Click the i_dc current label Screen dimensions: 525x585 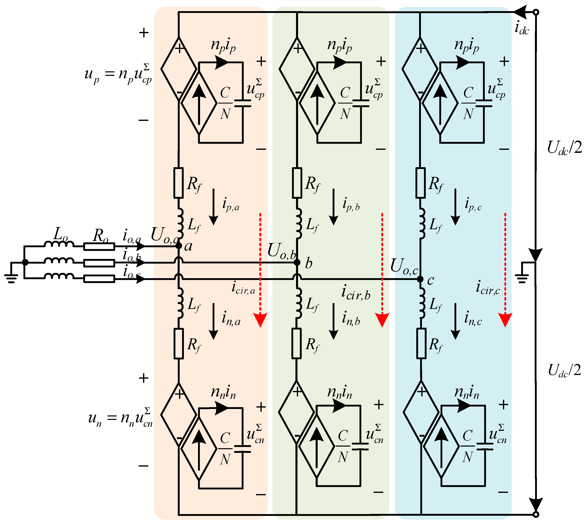tap(522, 29)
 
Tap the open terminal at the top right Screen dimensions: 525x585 tap(536, 12)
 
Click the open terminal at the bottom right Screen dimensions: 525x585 tap(536, 514)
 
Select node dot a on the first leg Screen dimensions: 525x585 tap(179, 245)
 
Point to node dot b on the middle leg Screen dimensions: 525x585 tap(297, 262)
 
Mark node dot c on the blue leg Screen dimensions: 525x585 tap(420, 279)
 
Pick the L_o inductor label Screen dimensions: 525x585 tap(61, 234)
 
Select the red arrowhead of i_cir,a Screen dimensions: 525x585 tap(260, 320)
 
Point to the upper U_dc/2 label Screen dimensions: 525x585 tap(564, 148)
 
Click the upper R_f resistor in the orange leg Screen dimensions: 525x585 tap(178, 183)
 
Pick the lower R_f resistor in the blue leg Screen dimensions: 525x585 tap(421, 343)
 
